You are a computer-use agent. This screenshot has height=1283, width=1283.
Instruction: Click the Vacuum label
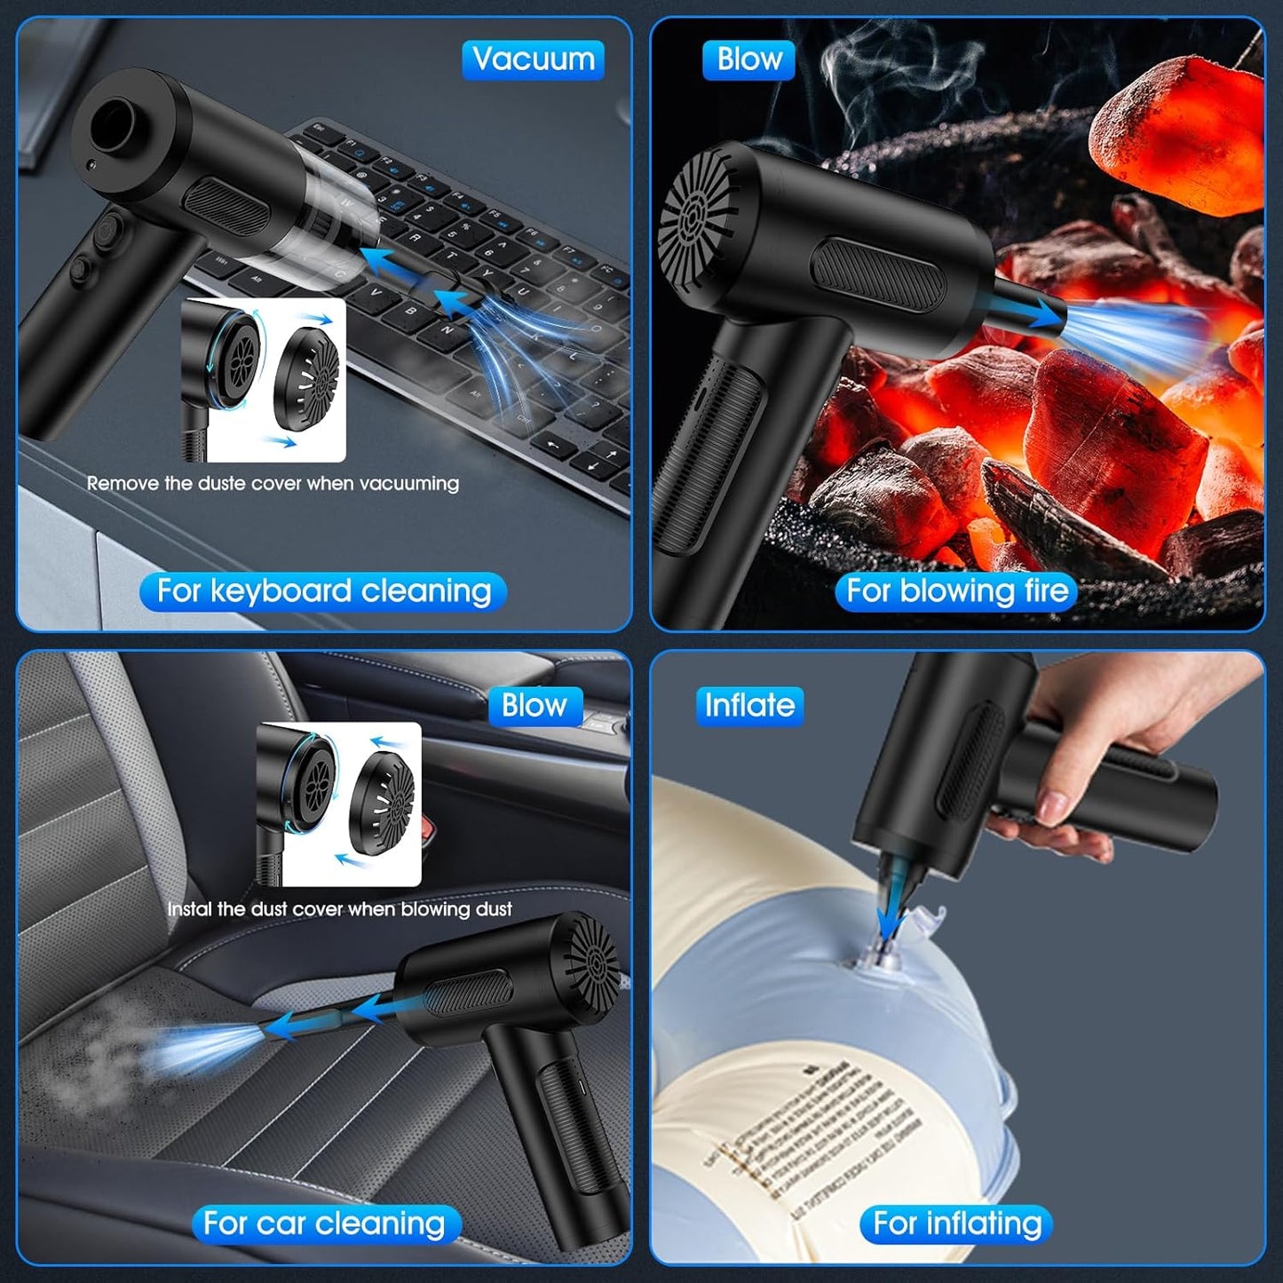tap(533, 59)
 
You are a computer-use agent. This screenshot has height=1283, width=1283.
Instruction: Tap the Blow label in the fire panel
tap(748, 59)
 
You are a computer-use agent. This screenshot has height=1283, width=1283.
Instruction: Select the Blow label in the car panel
tap(535, 706)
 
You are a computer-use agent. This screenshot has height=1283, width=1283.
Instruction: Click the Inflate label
tap(748, 706)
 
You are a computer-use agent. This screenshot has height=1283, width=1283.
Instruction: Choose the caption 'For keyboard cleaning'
tap(323, 591)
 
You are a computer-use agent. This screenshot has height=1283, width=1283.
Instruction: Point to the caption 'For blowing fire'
tap(956, 591)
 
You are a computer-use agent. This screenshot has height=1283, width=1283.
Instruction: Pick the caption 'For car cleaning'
tap(325, 1224)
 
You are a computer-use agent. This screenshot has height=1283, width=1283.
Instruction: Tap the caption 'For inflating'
tap(956, 1224)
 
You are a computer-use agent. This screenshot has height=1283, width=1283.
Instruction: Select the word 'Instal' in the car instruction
tap(190, 909)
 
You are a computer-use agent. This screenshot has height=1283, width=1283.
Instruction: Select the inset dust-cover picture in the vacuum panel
tap(263, 379)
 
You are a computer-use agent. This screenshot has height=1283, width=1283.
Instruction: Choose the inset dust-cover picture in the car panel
tap(338, 804)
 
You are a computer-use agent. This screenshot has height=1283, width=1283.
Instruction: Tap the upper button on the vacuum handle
tap(107, 233)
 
